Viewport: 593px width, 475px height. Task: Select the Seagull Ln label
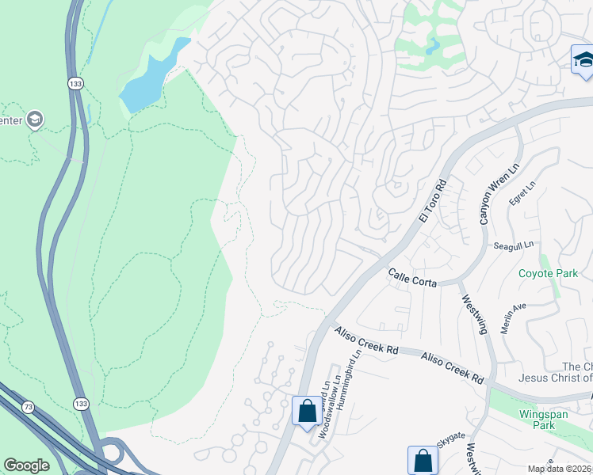point(514,246)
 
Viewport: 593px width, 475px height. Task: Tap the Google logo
point(26,465)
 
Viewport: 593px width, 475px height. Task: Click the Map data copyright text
point(560,469)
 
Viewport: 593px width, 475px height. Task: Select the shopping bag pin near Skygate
point(423,460)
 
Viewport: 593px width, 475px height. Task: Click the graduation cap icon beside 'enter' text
point(34,120)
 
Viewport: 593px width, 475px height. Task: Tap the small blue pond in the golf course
point(432,46)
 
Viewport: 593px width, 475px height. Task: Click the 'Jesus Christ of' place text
point(554,378)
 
